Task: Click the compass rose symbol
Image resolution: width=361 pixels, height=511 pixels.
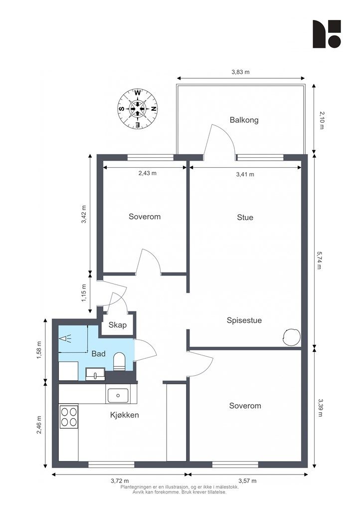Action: [138, 109]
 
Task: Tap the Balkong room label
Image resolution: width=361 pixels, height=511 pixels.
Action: [244, 120]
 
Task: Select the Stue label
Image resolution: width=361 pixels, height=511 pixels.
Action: [245, 218]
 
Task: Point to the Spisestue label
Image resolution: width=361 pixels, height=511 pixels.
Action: [244, 320]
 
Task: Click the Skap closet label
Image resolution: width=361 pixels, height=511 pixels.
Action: [118, 325]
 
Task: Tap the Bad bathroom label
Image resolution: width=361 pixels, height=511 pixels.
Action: [98, 354]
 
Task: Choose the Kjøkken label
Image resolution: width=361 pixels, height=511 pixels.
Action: [125, 415]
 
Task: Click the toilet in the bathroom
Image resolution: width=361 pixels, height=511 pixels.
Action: [119, 362]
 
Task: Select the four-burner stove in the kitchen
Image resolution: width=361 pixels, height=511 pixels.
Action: [69, 417]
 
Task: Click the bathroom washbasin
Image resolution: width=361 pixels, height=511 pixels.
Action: [95, 374]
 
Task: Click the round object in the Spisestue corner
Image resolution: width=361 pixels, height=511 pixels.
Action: [291, 337]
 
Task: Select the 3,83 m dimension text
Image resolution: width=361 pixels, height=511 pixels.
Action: [240, 72]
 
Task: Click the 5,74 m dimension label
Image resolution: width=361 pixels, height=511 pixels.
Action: [319, 259]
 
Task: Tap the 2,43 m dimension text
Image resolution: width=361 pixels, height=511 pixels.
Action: [148, 173]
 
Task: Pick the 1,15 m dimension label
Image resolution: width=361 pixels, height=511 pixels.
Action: [84, 292]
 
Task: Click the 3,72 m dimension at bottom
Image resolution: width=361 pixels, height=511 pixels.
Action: [120, 481]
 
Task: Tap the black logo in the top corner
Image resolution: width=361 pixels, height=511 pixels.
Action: [327, 34]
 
